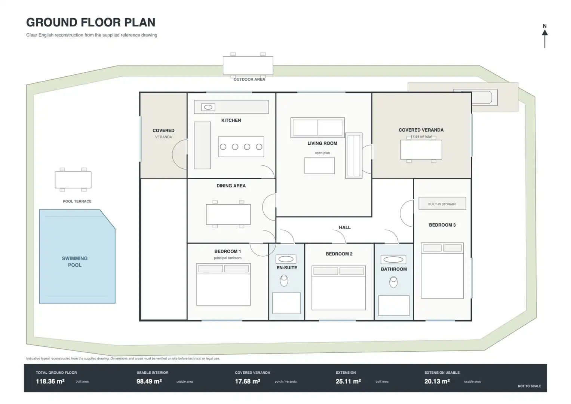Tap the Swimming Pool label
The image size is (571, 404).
coord(75,262)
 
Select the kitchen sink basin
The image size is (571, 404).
coord(208,107)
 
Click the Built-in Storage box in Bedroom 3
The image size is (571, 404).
coord(442,203)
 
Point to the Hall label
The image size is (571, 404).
coord(345,227)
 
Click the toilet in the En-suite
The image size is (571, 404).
coord(284,281)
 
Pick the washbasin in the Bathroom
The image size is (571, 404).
coord(393,260)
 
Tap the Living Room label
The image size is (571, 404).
coord(322,143)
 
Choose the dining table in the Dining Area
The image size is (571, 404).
coord(228,214)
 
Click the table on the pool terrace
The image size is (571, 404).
coord(73,180)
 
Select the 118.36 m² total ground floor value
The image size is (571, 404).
coord(50,381)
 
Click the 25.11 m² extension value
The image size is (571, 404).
coord(348,381)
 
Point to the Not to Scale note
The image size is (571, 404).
coord(529,386)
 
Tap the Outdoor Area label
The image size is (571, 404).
coord(249,80)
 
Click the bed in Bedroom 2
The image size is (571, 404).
coord(338,288)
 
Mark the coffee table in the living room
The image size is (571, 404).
coord(319,165)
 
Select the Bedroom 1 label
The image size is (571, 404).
coord(228,251)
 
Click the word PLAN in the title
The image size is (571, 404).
coord(140,22)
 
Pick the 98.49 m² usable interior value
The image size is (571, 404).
coord(149,381)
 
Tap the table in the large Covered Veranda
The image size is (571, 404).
coord(421,150)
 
